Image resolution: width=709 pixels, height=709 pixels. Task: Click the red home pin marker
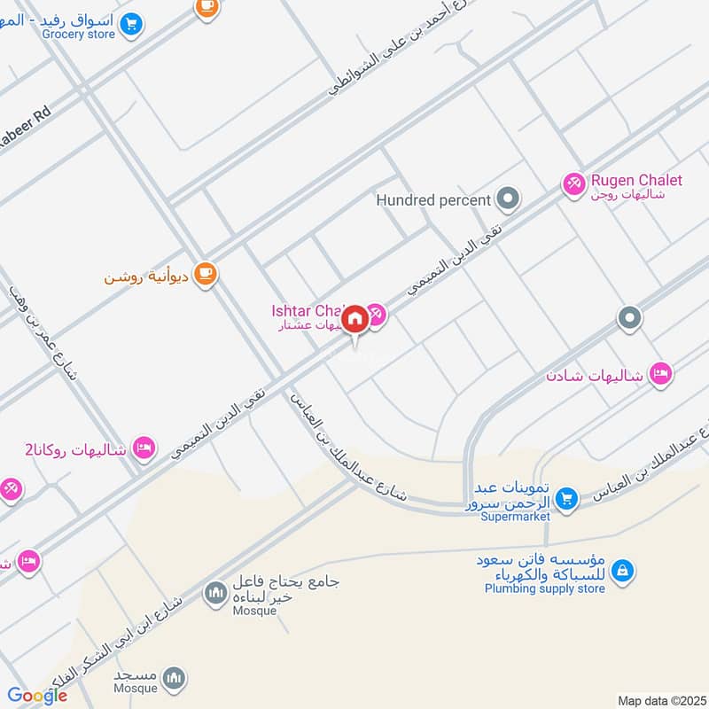click(x=355, y=318)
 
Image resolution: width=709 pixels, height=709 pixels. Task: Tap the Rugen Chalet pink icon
click(x=573, y=184)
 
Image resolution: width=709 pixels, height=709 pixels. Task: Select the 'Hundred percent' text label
click(x=433, y=200)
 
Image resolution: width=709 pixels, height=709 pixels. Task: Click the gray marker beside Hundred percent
click(x=508, y=199)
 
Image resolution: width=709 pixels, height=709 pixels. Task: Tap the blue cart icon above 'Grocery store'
click(x=131, y=23)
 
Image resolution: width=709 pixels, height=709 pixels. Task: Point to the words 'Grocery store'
click(x=78, y=35)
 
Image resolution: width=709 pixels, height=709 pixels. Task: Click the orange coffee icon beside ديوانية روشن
click(x=206, y=275)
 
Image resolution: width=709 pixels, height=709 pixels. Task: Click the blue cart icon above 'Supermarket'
click(x=567, y=499)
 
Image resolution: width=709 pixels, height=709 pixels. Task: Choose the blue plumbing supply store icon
click(x=622, y=572)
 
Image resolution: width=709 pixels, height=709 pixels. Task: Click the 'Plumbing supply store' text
click(x=544, y=588)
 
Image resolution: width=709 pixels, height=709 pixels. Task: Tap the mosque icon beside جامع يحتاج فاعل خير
click(x=214, y=593)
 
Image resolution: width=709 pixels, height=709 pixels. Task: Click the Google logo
click(x=37, y=696)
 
